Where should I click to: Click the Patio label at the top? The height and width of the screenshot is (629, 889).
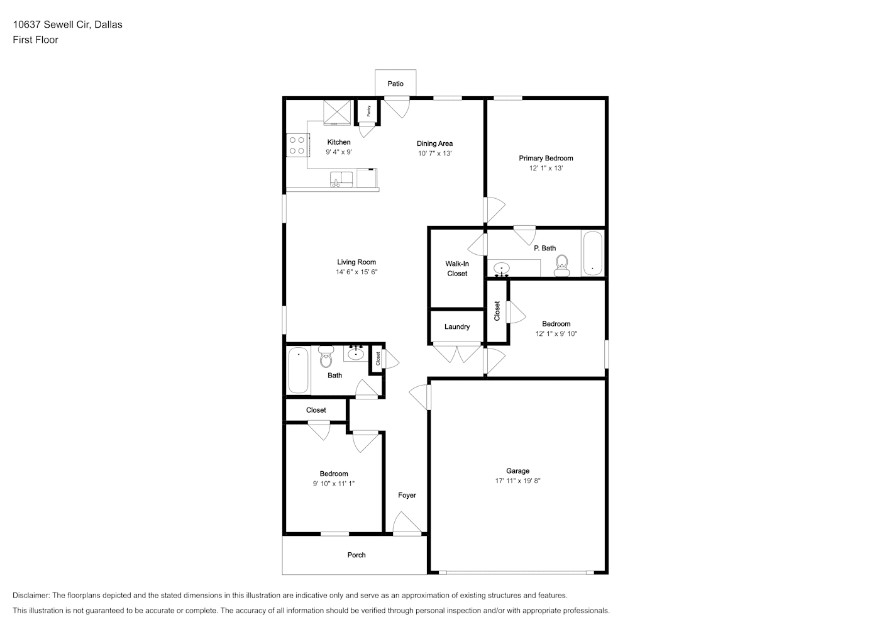395,84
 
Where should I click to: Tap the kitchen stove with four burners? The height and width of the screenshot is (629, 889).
297,145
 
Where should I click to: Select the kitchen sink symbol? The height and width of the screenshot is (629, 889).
341,179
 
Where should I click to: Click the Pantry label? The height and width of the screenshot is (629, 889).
368,111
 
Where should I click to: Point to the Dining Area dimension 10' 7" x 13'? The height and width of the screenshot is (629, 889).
434,153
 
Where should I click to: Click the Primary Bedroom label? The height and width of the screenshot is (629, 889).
546,158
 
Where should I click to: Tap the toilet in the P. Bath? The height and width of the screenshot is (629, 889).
561,265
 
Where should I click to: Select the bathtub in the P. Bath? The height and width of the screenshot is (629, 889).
593,253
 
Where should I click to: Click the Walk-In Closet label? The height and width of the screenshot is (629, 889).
457,269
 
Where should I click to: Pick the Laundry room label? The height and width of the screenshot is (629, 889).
457,327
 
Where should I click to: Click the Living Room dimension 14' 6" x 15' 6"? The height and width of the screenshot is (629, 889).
356,272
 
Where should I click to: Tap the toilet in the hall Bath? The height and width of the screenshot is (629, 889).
326,357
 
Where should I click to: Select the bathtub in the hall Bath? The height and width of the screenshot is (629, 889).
298,370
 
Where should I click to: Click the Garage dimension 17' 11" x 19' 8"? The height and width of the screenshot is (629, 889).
517,481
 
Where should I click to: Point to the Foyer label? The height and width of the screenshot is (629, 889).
407,495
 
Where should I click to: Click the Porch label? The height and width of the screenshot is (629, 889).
356,555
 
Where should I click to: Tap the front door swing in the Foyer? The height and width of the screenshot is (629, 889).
407,523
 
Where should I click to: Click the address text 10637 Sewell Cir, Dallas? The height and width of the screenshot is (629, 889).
67,25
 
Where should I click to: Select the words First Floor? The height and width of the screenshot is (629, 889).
35,40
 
